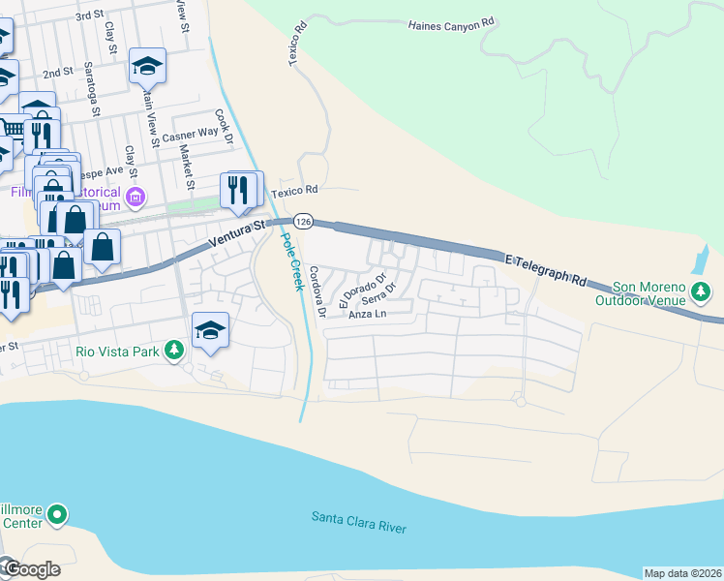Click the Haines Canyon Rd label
[451, 24]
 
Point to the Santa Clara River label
[358, 522]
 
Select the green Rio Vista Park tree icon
[173, 350]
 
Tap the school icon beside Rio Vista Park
[210, 331]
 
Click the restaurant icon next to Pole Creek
[241, 190]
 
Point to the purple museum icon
[135, 199]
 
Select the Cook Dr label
[225, 127]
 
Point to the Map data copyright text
[682, 573]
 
